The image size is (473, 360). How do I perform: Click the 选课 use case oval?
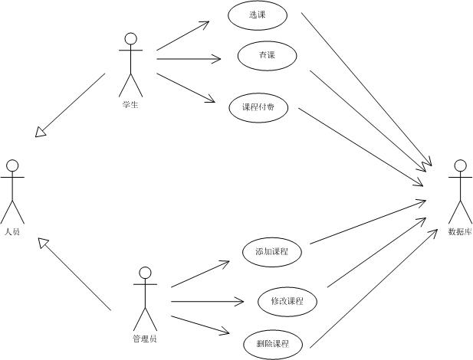tap(257, 15)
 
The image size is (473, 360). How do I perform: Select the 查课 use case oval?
tap(267, 56)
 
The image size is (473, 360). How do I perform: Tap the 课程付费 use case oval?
tap(258, 108)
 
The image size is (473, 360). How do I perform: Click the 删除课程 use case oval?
tap(273, 344)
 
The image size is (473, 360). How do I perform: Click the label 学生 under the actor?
tap(130, 104)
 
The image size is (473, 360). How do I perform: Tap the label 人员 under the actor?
tap(11, 231)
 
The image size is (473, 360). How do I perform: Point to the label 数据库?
tap(460, 231)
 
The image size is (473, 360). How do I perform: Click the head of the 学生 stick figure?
tap(131, 38)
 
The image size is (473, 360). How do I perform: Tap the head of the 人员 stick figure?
tap(11, 165)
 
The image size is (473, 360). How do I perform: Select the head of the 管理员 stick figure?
tap(145, 272)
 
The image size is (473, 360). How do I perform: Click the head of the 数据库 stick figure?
tap(460, 165)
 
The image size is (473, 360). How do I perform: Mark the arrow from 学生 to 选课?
tap(182, 36)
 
